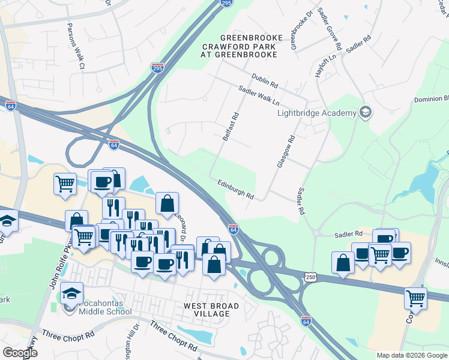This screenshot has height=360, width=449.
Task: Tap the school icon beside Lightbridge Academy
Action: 365,112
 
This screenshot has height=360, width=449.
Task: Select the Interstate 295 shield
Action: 158,67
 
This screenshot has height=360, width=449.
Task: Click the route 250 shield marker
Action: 310,278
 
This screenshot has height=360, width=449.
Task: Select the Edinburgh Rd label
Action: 236,190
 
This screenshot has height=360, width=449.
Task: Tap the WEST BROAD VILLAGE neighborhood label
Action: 211,310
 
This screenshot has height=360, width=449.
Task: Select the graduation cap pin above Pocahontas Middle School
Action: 71,294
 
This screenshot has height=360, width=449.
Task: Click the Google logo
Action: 20,353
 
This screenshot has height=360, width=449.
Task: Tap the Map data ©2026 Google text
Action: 411,355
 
